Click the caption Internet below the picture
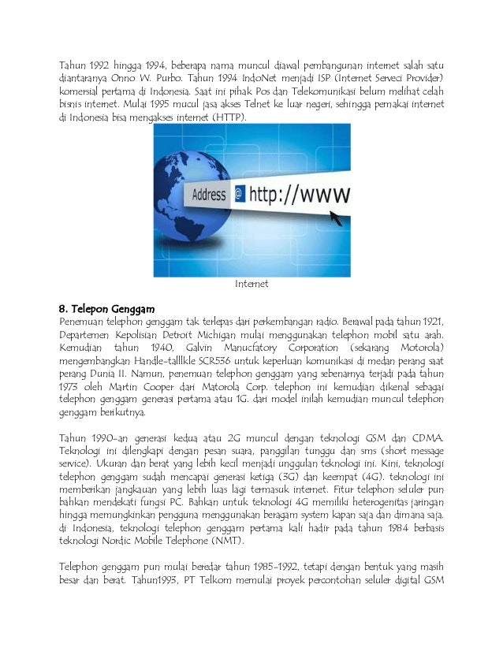click(x=252, y=283)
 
